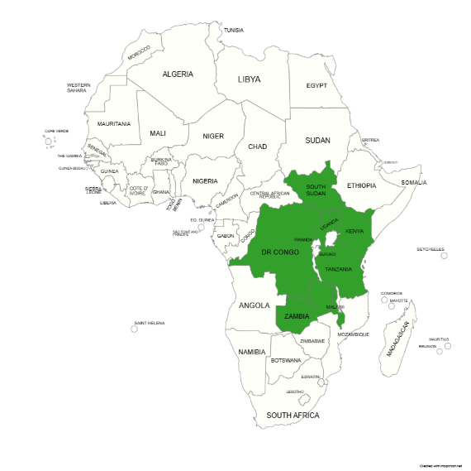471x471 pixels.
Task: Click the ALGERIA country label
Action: click(x=178, y=74)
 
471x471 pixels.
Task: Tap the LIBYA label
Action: click(x=249, y=79)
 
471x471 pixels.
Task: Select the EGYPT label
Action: click(x=316, y=85)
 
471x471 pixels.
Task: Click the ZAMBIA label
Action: click(x=297, y=316)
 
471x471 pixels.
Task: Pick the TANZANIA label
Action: click(x=339, y=269)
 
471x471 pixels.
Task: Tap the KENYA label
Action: click(x=354, y=231)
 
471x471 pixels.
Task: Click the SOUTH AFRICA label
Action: click(x=293, y=415)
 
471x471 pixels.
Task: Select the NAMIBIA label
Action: click(x=251, y=352)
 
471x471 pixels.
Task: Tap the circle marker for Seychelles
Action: click(x=444, y=256)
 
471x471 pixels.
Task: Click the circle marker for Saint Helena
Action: click(x=135, y=329)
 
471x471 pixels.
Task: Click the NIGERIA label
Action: click(x=205, y=180)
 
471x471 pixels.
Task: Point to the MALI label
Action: click(x=157, y=132)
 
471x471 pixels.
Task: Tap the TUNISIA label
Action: click(x=234, y=31)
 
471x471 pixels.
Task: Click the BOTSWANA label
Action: click(x=285, y=360)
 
